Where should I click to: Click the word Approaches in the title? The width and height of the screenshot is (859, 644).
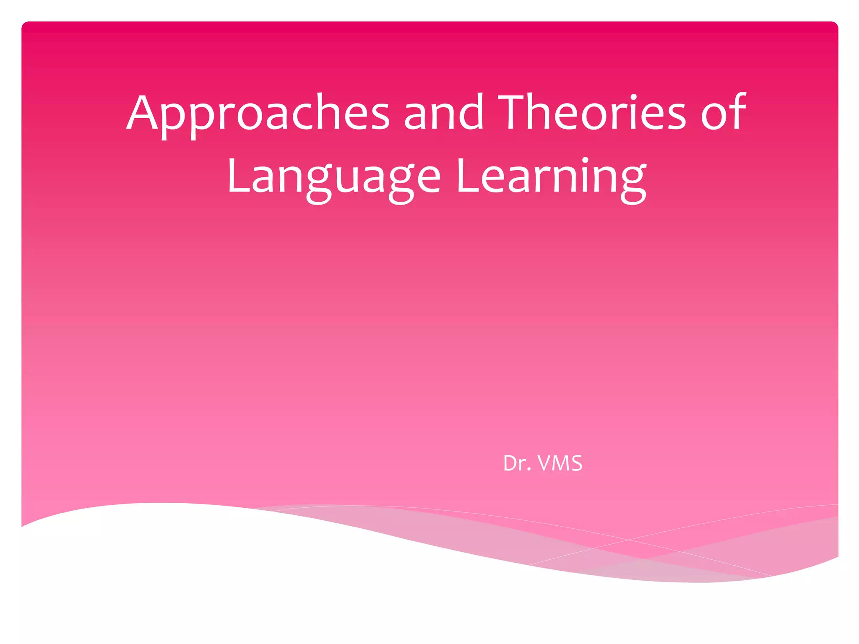[258, 113]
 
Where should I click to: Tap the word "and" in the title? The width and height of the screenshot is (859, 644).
[443, 112]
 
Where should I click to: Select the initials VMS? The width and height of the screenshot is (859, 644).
[560, 464]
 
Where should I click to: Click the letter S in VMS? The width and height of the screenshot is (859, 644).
[576, 464]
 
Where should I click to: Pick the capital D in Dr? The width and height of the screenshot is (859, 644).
[510, 464]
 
